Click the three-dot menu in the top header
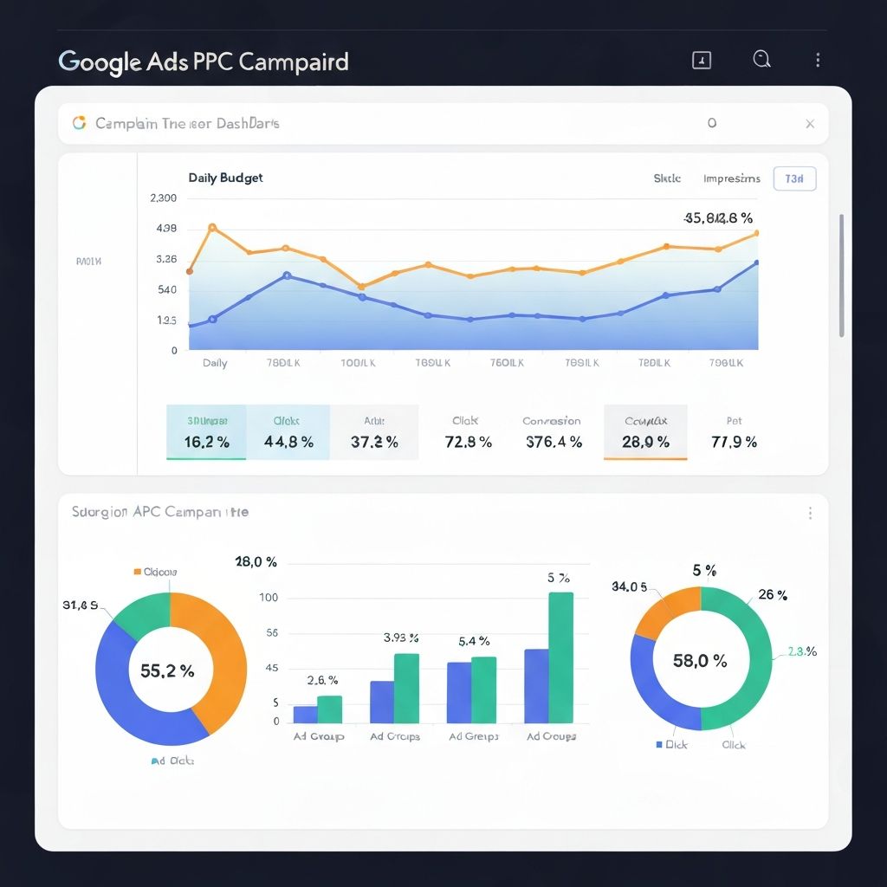818,60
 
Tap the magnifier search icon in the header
761,59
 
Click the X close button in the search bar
810,124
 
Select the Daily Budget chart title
225,178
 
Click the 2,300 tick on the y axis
163,197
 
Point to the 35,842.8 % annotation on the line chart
718,218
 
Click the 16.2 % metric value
207,442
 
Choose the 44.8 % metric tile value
288,442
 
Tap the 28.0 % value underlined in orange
645,442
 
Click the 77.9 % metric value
734,442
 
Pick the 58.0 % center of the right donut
700,661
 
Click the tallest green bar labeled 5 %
560,658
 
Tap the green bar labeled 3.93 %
406,689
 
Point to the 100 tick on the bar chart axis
269,598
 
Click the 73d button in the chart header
794,178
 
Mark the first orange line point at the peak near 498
212,228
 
